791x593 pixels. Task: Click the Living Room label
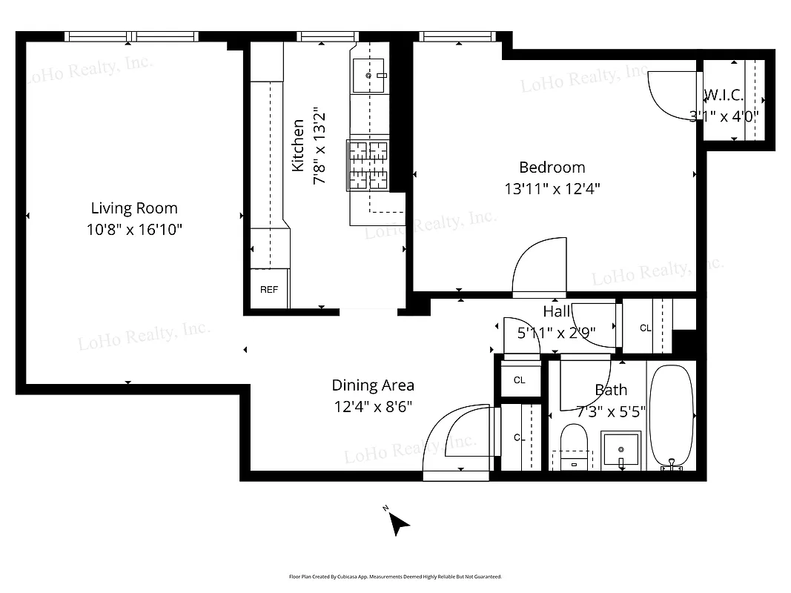tap(134, 208)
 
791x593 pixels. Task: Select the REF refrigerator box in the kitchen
tap(269, 289)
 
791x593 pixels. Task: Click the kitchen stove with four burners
tap(368, 165)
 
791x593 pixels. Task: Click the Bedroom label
tap(552, 168)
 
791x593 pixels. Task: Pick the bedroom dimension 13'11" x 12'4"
tap(552, 189)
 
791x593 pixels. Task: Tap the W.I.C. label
tap(723, 95)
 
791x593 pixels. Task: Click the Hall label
tap(557, 311)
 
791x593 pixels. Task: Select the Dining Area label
tap(372, 385)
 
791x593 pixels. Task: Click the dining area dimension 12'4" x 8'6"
tap(372, 407)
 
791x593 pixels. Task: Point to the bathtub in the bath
tap(671, 415)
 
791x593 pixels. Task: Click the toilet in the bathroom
tap(573, 445)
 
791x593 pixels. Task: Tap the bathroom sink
tap(620, 448)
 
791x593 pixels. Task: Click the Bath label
tap(611, 390)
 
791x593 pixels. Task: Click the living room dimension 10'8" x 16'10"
tap(134, 230)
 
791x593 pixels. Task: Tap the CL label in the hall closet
tap(645, 328)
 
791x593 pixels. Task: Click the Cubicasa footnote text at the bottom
tap(395, 576)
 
